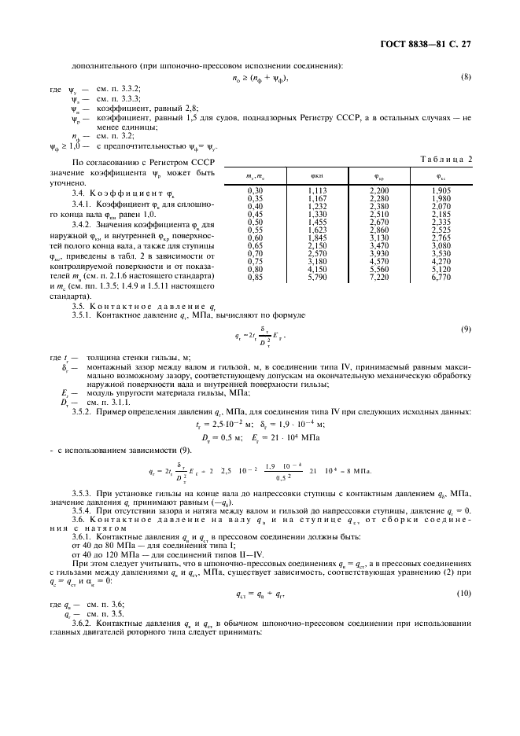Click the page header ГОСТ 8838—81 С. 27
pos(433,45)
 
